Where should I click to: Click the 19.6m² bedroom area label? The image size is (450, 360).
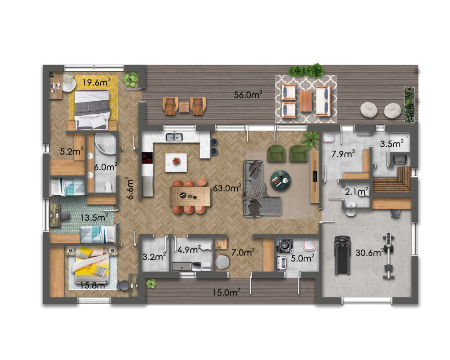tap(96, 82)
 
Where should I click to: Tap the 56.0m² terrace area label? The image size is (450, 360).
tap(248, 95)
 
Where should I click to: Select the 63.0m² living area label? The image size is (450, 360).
tap(227, 188)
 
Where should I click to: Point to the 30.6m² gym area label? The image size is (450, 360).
tap(370, 253)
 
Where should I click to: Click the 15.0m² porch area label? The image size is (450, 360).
tap(226, 292)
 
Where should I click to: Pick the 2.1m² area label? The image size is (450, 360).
tap(357, 191)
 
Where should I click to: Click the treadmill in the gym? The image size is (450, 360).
tap(342, 255)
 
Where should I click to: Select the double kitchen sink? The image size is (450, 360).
tap(174, 137)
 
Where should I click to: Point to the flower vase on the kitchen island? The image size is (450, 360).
tap(176, 161)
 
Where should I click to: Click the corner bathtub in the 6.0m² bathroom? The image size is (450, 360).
tap(105, 144)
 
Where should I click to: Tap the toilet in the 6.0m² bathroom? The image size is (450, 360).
tap(108, 187)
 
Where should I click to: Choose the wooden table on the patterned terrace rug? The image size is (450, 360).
tap(306, 101)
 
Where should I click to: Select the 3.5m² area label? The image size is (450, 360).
tap(392, 144)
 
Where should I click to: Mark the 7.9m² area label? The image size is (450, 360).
tap(343, 154)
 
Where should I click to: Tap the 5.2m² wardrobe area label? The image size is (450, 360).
tap(72, 151)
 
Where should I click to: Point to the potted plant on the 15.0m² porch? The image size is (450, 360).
tap(151, 284)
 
